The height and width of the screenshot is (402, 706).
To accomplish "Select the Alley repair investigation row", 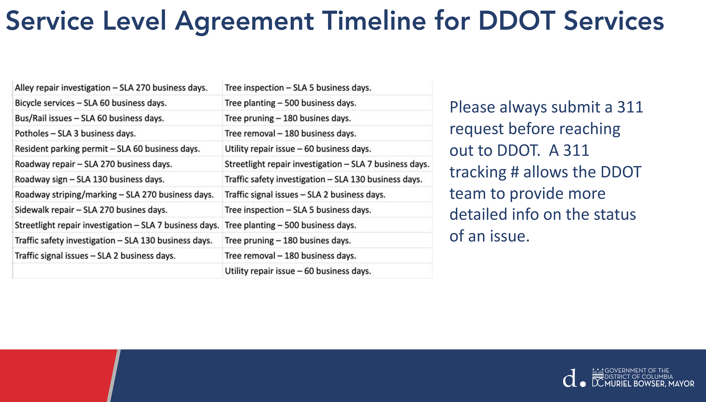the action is pyautogui.click(x=111, y=88).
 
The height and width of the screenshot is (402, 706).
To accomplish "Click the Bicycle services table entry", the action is pyautogui.click(x=91, y=103).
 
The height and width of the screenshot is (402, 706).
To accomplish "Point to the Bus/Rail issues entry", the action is pyautogui.click(x=89, y=118).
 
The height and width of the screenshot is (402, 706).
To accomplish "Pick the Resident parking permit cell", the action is pyautogui.click(x=107, y=149).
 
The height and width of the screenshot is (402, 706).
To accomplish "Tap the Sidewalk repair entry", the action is pyautogui.click(x=91, y=210).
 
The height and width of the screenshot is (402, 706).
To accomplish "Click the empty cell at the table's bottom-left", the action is pyautogui.click(x=118, y=271).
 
